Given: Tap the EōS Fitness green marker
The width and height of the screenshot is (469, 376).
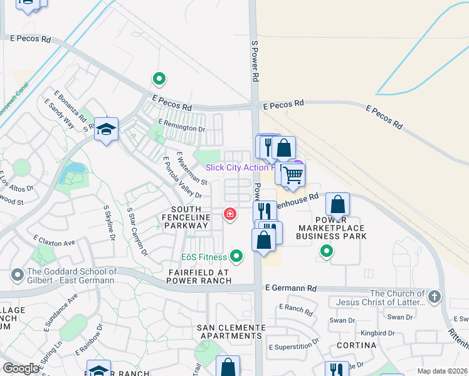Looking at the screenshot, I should tap(236, 256).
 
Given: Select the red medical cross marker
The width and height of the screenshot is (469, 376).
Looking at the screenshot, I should tap(230, 215).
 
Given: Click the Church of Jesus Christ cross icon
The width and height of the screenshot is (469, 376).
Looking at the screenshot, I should tap(435, 297).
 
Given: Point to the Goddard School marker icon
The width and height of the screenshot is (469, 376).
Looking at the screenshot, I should tap(16, 274).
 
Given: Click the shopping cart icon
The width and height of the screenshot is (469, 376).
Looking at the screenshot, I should tap(293, 175).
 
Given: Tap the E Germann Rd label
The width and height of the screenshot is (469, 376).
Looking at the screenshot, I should tap(291, 288).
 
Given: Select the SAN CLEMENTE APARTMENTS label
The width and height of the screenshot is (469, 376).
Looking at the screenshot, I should tap(231, 332).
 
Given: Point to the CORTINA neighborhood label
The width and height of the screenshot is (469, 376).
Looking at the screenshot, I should tap(356, 345).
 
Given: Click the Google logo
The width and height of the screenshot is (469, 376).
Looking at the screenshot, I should tap(21, 368).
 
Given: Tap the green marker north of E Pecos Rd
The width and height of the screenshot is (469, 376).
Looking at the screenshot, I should tap(159, 79).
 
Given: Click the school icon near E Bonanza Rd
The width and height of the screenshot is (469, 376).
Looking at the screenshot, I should tap(107, 129).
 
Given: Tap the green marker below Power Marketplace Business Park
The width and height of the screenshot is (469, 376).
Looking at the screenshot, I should tap(326, 251).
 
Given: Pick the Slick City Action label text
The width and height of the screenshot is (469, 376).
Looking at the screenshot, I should tap(240, 167).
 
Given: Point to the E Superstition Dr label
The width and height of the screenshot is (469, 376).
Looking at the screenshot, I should tap(293, 347).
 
